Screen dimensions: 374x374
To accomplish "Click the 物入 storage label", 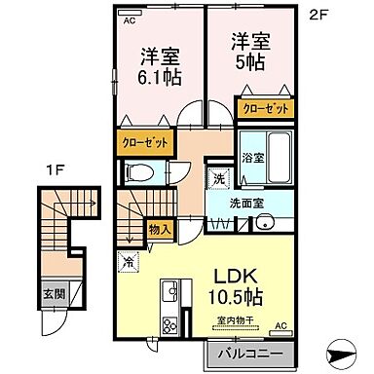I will (x=160, y=230).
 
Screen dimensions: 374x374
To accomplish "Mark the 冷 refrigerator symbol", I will (x=130, y=259).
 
